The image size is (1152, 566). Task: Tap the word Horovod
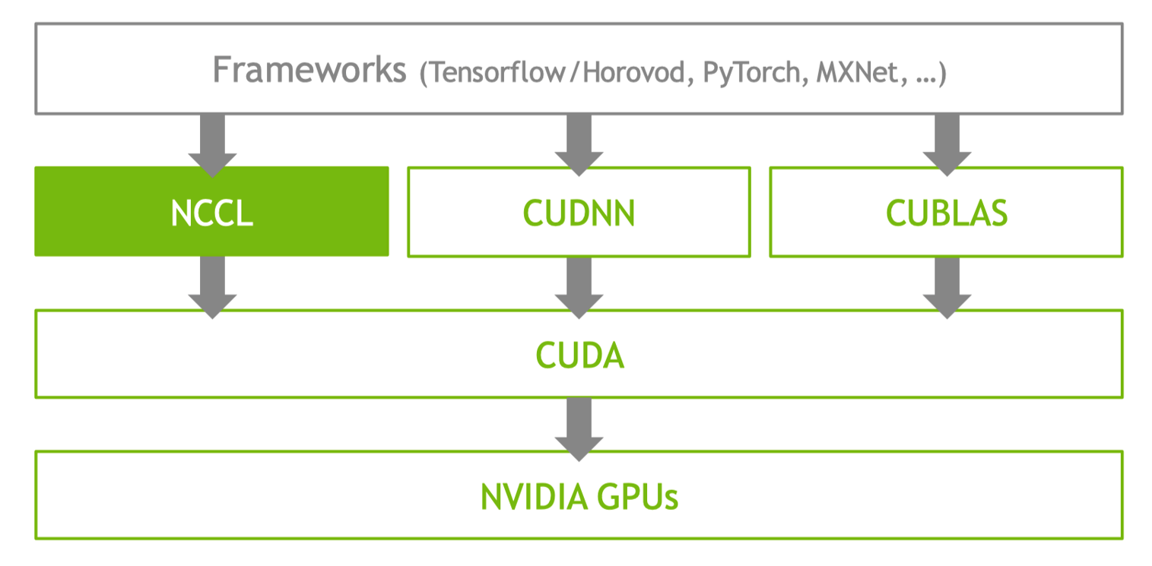pyautogui.click(x=633, y=72)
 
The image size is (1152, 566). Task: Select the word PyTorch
pyautogui.click(x=751, y=72)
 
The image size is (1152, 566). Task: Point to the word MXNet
pyautogui.click(x=858, y=72)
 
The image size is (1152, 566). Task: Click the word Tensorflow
pyautogui.click(x=497, y=72)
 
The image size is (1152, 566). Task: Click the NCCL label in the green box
pyautogui.click(x=212, y=213)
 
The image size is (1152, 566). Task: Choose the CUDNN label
pyautogui.click(x=579, y=213)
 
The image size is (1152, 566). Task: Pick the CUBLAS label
pyautogui.click(x=947, y=213)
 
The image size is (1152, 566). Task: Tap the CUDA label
pyautogui.click(x=579, y=355)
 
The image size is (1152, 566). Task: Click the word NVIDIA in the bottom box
pyautogui.click(x=534, y=497)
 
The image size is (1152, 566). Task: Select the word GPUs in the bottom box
pyautogui.click(x=637, y=497)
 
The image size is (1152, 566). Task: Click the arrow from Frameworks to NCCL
pyautogui.click(x=212, y=145)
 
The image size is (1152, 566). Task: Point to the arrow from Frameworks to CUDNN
pyautogui.click(x=579, y=145)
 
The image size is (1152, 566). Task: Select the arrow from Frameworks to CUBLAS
pyautogui.click(x=947, y=145)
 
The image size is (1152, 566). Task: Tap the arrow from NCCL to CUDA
pyautogui.click(x=212, y=288)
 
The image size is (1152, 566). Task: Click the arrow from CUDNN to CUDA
pyautogui.click(x=579, y=288)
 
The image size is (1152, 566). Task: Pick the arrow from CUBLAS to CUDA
pyautogui.click(x=947, y=288)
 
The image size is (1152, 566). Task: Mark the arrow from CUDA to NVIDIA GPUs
pyautogui.click(x=579, y=429)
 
